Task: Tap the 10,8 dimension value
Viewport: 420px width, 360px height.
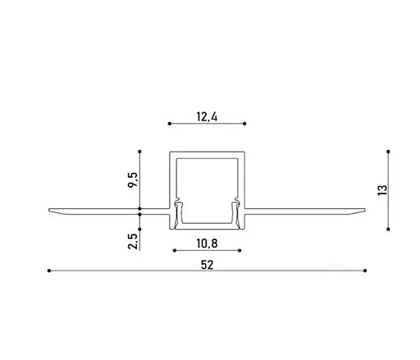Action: pyautogui.click(x=207, y=244)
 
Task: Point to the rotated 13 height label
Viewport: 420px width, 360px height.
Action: pyautogui.click(x=381, y=190)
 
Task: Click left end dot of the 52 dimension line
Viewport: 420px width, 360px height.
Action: pyautogui.click(x=48, y=269)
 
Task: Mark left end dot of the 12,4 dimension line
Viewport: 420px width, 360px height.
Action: pyautogui.click(x=169, y=123)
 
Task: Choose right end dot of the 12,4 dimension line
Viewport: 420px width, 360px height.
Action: pyautogui.click(x=244, y=123)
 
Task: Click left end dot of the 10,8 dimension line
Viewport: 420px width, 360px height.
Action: pyautogui.click(x=174, y=249)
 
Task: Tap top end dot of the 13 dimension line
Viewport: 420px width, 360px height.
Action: pyautogui.click(x=388, y=151)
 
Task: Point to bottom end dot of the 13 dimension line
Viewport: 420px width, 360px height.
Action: pyautogui.click(x=388, y=229)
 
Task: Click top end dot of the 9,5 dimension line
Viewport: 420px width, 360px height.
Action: pyautogui.click(x=141, y=151)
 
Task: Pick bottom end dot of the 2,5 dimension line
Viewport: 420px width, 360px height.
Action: pyautogui.click(x=141, y=249)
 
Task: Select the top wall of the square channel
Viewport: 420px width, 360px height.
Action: pyautogui.click(x=207, y=153)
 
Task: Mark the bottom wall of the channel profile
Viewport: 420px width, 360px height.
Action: pyautogui.click(x=207, y=226)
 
